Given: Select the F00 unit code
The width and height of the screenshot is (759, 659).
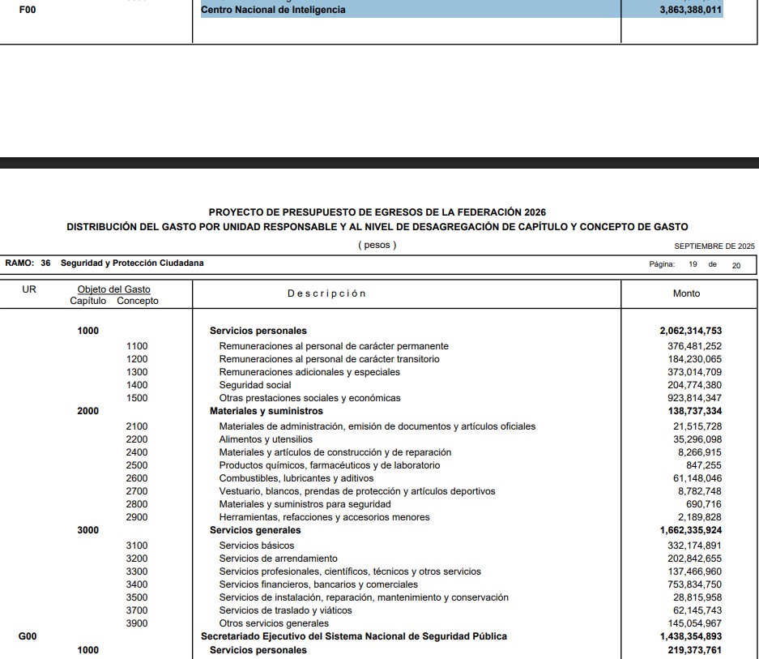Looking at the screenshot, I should tap(28, 10).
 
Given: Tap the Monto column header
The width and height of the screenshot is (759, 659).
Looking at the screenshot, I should tap(686, 293).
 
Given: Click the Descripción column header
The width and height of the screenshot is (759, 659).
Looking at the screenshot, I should tap(326, 293).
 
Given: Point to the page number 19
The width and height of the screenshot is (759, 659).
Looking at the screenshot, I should tap(693, 264).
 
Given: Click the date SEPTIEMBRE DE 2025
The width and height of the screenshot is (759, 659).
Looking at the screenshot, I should tap(714, 246).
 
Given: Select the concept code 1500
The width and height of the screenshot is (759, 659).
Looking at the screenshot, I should tap(137, 398).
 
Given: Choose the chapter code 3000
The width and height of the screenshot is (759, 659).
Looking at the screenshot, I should tap(87, 530).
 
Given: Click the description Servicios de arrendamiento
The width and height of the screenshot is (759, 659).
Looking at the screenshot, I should tap(278, 558).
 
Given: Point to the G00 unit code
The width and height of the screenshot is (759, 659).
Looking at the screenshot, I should tap(28, 636).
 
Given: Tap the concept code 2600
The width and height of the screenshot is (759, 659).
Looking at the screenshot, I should tap(137, 478).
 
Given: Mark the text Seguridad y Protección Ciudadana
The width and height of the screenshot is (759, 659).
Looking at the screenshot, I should tap(132, 263).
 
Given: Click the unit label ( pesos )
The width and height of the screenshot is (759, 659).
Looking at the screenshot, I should tap(377, 245).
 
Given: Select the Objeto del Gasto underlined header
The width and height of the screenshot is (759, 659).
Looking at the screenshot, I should tap(113, 289).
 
